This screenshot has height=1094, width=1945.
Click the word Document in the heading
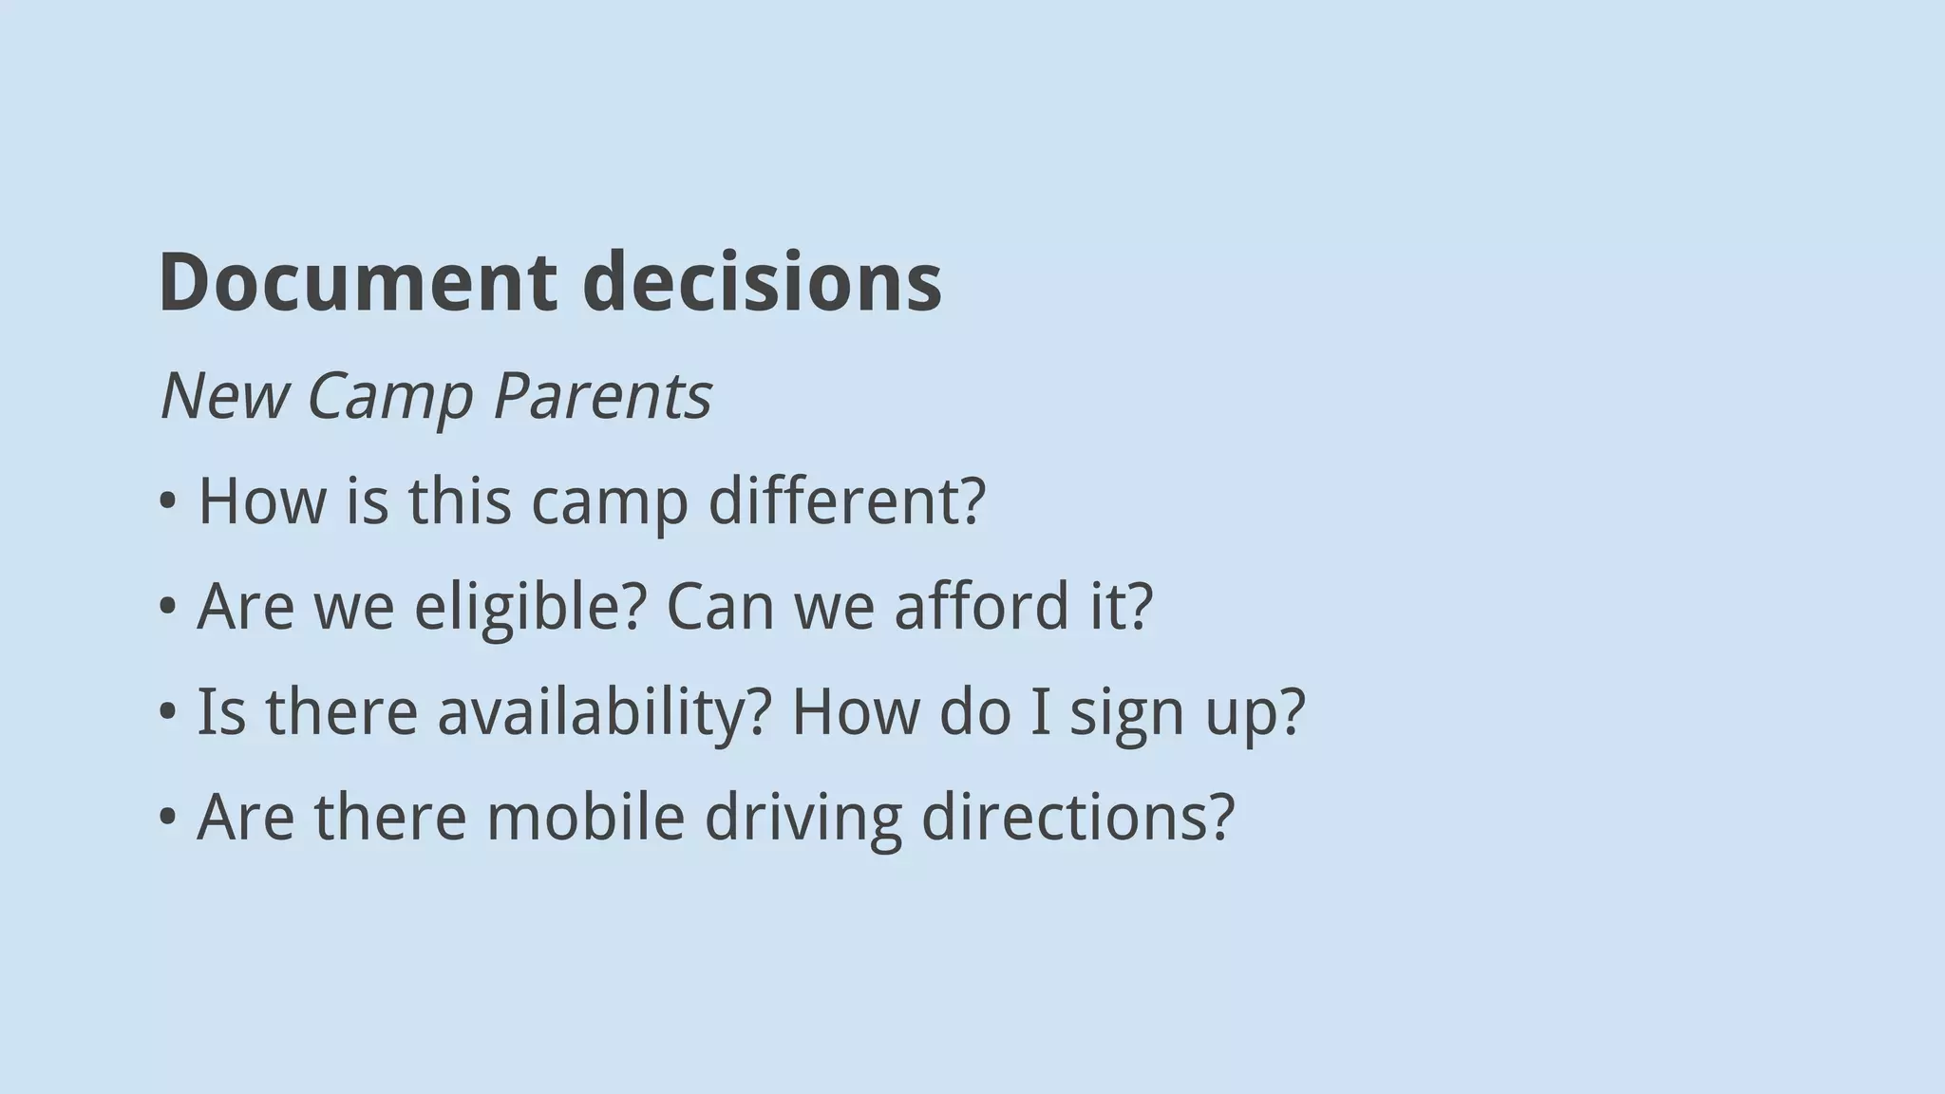[357, 282]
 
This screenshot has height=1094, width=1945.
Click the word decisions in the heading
[762, 282]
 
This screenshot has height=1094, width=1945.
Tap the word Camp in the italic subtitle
[389, 395]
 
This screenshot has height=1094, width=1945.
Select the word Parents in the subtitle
[602, 395]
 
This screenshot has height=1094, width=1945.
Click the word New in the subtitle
[224, 395]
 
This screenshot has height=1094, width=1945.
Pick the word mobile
[585, 817]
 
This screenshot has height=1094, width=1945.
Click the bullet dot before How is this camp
[168, 502]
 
